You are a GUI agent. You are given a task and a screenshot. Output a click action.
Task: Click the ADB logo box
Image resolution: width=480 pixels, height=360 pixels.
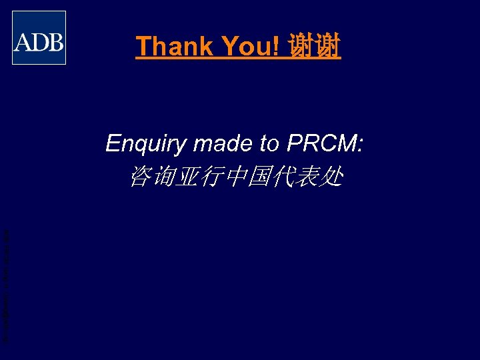point(39,37)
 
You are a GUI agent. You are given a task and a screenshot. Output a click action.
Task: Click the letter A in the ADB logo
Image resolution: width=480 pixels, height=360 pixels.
point(23,43)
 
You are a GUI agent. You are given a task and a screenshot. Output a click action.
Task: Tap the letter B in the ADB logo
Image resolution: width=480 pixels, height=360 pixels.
point(55,43)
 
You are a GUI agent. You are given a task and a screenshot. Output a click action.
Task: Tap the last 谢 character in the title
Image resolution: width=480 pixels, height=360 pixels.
point(327,47)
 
